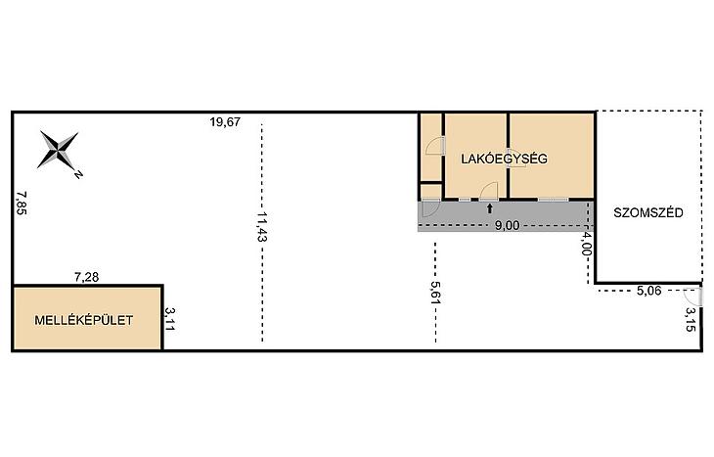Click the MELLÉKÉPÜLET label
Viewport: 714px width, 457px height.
[x=84, y=320]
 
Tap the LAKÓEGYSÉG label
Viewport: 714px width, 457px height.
[x=504, y=159]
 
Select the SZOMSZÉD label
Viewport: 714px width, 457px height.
[x=648, y=212]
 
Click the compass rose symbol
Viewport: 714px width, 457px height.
[x=58, y=150]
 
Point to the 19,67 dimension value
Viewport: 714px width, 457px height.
[x=225, y=122]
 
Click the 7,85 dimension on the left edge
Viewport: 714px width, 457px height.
[x=22, y=203]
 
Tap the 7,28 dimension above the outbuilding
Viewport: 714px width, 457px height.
[x=86, y=277]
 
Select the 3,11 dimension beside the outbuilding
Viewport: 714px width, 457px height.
[x=170, y=319]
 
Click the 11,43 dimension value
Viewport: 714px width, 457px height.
[x=261, y=226]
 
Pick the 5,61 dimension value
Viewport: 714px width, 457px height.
[x=436, y=293]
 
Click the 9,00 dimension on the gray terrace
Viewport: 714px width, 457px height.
[x=507, y=225]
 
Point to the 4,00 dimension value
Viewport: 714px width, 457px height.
[x=587, y=245]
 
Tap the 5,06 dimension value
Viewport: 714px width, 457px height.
[x=648, y=291]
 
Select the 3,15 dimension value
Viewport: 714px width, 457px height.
[x=691, y=319]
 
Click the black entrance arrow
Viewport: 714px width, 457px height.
[x=489, y=208]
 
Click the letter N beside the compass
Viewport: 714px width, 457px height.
[x=78, y=174]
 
